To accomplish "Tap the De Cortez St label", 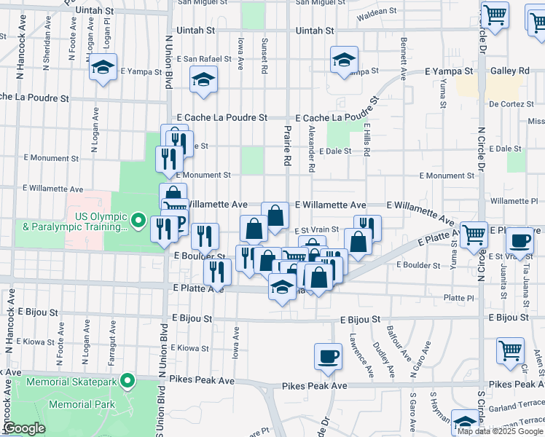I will (x=511, y=104).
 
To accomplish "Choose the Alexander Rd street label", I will (x=311, y=148).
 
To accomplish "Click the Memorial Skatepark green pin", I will (x=128, y=380).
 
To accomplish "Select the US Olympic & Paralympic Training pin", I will (x=139, y=219).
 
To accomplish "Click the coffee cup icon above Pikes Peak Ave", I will (x=327, y=357).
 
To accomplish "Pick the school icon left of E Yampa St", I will (x=103, y=67).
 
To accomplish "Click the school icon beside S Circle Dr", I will (x=465, y=421).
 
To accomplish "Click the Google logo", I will (x=24, y=428).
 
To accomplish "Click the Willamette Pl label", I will (x=514, y=200).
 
